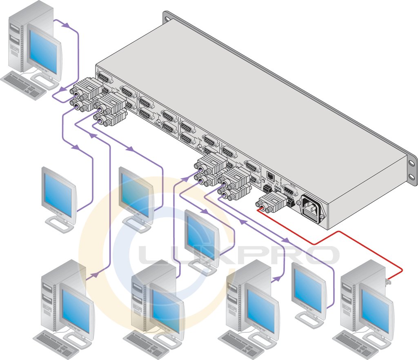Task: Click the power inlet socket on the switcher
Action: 311,209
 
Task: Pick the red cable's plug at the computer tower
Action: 388,281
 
